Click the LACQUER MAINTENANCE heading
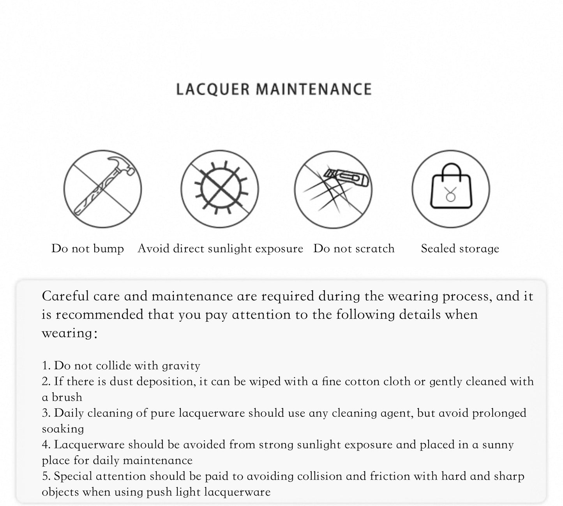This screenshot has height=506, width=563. pos(274,89)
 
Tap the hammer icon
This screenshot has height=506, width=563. pos(102,189)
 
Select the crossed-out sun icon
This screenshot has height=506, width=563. pos(220,189)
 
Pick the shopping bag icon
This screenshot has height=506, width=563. pos(451,189)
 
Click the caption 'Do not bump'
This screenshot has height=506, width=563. pos(88,249)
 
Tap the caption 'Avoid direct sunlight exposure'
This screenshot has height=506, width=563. pos(220,249)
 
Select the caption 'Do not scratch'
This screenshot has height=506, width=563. pos(354,249)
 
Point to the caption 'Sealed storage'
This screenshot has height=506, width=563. pos(460,249)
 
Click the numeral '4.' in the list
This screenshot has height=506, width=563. pos(46,445)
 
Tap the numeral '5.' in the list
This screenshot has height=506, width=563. pos(46,476)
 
